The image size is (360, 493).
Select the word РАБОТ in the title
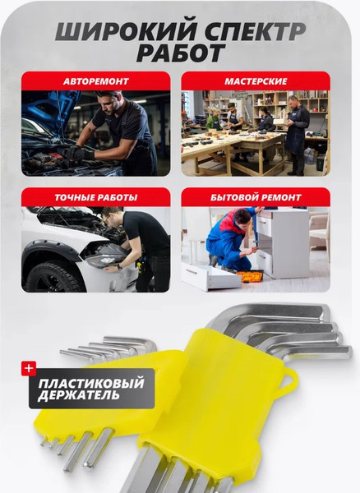pyautogui.click(x=179, y=54)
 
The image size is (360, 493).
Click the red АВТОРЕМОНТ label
pyautogui.click(x=95, y=81)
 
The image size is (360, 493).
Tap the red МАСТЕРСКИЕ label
pyautogui.click(x=256, y=81)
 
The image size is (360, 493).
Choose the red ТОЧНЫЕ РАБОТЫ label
pyautogui.click(x=95, y=198)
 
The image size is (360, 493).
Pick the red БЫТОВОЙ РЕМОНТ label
pyautogui.click(x=256, y=198)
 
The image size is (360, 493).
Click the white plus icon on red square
pyautogui.click(x=29, y=369)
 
